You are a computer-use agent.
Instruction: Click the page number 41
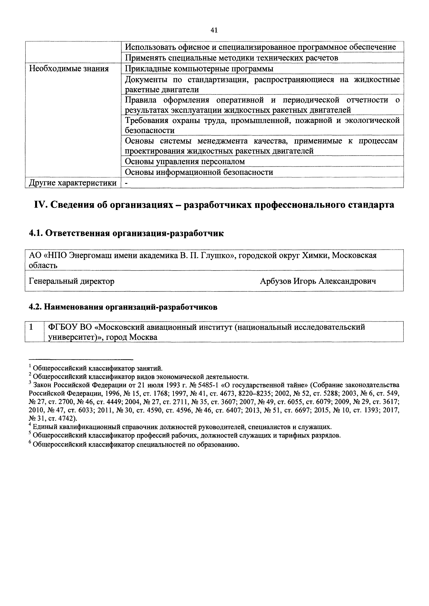(214, 30)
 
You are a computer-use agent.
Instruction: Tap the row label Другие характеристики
(73, 183)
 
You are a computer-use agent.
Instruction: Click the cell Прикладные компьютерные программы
(199, 69)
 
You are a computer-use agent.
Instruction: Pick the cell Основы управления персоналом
(185, 161)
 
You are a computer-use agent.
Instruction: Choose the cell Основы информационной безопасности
(199, 172)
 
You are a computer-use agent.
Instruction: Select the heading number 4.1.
(36, 233)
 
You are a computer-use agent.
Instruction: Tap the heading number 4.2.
(36, 307)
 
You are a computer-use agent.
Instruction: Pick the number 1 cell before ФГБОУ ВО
(31, 327)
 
